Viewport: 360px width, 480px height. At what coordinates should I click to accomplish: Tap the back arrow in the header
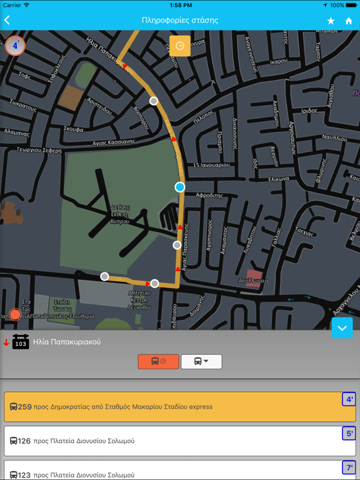[x=7, y=21]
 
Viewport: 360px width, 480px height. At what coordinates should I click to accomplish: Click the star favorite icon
[x=331, y=21]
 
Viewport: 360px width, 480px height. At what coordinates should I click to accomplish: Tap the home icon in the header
[x=349, y=21]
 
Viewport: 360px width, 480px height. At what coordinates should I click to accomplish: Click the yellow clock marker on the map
[x=180, y=46]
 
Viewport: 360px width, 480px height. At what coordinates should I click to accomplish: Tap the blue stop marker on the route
[x=180, y=187]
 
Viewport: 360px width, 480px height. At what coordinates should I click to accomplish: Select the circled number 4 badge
[x=15, y=46]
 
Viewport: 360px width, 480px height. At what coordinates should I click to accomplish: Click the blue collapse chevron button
[x=342, y=327]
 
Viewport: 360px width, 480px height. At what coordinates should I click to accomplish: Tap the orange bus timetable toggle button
[x=158, y=361]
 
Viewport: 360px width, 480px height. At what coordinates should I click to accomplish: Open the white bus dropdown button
[x=201, y=361]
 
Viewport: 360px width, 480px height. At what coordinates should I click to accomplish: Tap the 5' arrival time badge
[x=349, y=433]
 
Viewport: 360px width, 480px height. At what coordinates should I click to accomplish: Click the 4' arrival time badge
[x=349, y=399]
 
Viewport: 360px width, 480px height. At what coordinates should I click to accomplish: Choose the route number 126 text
[x=24, y=441]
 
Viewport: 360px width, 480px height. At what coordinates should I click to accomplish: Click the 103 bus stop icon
[x=21, y=342]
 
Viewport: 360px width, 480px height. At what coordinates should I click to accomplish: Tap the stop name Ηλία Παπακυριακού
[x=67, y=342]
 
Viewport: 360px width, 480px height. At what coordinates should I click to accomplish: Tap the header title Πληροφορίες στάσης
[x=180, y=21]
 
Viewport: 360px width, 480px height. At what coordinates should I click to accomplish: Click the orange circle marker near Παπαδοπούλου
[x=15, y=314]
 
